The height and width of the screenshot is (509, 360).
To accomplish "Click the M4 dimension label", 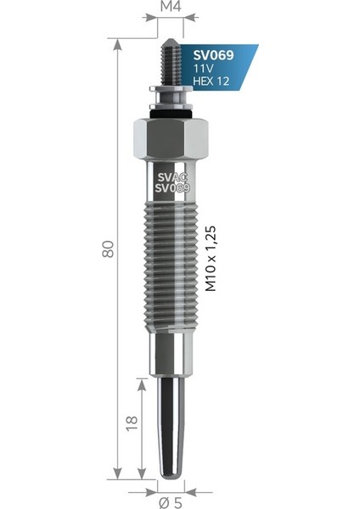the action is coord(171,7).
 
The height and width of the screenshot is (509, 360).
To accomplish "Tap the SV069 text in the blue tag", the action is coord(213,55).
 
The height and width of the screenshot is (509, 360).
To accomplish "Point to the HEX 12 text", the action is coord(211,81).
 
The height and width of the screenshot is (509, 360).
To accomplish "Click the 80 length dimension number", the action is coord(108,249).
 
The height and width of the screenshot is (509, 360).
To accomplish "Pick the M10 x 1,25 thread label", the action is coord(211,259).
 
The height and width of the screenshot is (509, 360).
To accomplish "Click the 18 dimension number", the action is coord(132,423).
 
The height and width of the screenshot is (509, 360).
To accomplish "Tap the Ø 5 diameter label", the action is coord(171,503).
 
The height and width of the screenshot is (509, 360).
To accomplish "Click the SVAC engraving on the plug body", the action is coord(172,177).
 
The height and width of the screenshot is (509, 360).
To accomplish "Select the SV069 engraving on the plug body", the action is coord(172,187).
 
